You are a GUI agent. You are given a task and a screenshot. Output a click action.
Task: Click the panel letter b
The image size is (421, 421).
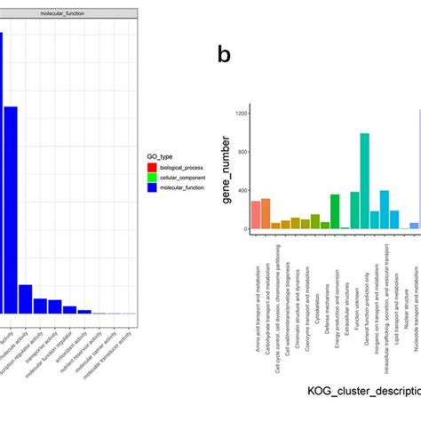click(x=225, y=55)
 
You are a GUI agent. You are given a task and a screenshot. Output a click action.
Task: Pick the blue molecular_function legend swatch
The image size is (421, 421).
click(x=154, y=188)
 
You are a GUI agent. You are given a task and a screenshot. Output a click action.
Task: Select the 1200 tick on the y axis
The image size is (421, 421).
click(x=240, y=113)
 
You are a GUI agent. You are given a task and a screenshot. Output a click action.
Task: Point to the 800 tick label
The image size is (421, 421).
click(x=242, y=152)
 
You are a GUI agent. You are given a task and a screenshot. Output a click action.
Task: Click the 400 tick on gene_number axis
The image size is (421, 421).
click(x=242, y=190)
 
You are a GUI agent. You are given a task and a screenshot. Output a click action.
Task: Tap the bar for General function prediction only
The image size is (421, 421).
click(x=364, y=181)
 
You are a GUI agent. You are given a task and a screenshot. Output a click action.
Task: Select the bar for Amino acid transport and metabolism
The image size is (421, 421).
click(x=256, y=215)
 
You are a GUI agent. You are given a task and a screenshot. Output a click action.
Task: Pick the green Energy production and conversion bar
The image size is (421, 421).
click(x=335, y=211)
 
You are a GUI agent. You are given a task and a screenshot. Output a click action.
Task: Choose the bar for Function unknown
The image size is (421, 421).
click(x=354, y=210)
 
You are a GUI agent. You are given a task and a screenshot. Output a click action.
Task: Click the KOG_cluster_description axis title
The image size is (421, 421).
click(x=356, y=390)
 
